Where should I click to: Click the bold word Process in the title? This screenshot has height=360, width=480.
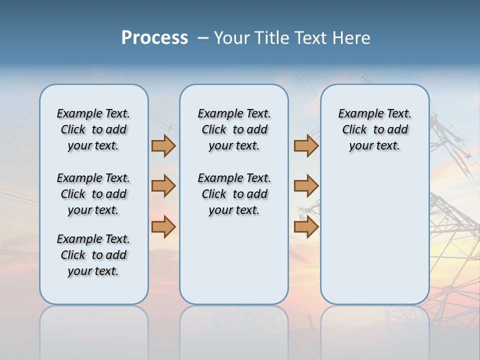[154, 38]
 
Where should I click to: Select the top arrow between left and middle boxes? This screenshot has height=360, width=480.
[163, 145]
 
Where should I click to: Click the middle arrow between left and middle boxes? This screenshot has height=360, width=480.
[163, 186]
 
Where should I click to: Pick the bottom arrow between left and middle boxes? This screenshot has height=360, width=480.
[163, 226]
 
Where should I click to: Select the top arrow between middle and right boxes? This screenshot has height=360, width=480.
[306, 145]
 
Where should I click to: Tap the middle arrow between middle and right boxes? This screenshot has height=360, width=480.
[306, 186]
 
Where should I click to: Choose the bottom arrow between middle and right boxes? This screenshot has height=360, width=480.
[306, 226]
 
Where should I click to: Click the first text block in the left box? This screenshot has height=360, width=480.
[93, 129]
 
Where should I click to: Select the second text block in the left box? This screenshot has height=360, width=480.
[93, 194]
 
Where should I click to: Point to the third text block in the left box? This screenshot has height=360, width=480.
[93, 255]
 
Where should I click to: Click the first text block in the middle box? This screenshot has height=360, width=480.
[234, 129]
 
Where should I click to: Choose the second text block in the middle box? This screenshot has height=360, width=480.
[234, 194]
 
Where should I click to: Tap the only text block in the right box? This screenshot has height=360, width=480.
[374, 129]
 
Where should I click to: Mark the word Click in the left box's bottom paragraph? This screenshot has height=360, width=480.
[73, 255]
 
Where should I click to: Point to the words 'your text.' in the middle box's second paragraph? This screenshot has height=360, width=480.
[234, 210]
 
